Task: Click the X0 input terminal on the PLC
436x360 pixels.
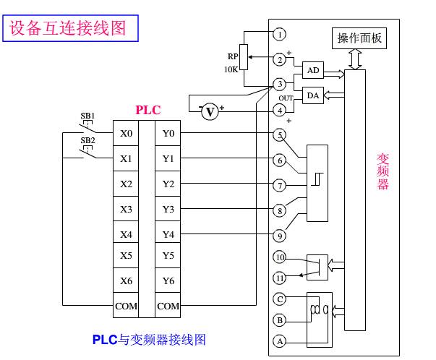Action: click(126, 133)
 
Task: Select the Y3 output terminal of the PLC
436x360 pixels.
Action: click(168, 209)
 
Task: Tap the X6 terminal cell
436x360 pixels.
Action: click(126, 280)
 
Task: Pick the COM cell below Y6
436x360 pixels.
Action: click(168, 305)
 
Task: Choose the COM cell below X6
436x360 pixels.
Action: click(126, 305)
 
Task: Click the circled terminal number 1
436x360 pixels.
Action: click(279, 35)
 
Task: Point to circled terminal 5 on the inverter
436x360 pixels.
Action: click(279, 135)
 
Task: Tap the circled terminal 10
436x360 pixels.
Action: click(279, 257)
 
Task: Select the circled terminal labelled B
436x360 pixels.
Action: click(279, 320)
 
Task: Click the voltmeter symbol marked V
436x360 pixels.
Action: click(210, 112)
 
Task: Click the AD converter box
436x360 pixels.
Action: click(313, 70)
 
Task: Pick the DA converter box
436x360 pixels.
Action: click(313, 95)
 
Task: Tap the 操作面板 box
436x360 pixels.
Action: click(359, 38)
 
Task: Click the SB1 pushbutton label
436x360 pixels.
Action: click(87, 116)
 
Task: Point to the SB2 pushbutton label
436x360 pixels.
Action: click(87, 140)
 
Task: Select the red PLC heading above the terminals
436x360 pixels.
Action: click(148, 110)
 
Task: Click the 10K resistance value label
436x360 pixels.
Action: click(231, 69)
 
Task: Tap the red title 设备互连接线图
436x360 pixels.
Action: click(67, 28)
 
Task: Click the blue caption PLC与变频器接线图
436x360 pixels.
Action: click(149, 340)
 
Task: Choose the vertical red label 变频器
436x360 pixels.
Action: click(382, 171)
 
